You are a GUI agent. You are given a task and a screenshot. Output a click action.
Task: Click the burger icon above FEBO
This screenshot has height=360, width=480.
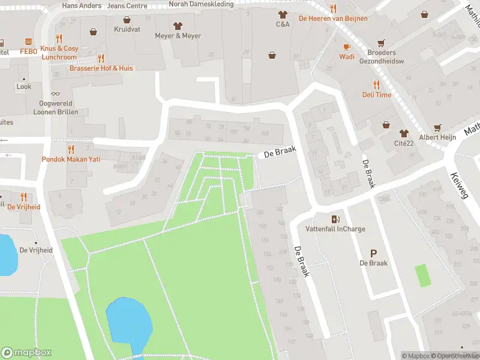pos(28,41)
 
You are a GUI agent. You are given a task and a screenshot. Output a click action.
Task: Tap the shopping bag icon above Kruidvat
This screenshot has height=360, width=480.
pos(93,31)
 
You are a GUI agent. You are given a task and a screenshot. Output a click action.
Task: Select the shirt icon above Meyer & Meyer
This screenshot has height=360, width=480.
pos(178,26)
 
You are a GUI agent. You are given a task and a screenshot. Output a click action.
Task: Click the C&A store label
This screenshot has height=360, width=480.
pos(283,25)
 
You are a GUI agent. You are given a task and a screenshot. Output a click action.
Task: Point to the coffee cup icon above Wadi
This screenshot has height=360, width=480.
pos(346,46)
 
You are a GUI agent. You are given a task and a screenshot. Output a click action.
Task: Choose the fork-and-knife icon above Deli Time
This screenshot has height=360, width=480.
pos(376,85)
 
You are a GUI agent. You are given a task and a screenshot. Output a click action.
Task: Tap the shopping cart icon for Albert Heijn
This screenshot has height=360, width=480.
pos(437,127)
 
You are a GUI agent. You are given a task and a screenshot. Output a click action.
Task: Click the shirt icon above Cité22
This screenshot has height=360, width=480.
pos(404,132)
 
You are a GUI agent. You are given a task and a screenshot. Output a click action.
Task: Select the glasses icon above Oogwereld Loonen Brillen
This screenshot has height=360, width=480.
pos(55,93)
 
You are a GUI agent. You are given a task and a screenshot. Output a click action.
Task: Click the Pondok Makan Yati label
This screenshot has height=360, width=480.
pos(71,159)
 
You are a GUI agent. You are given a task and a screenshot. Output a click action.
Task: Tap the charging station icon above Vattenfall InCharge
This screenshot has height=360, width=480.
pos(335,219)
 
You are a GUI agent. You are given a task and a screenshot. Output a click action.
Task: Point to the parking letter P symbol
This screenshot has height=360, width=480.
pos(373,253)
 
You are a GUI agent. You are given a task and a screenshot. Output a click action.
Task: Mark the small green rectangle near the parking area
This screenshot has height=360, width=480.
pos(423,275)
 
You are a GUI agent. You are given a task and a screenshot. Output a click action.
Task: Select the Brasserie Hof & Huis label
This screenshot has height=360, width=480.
pos(101,68)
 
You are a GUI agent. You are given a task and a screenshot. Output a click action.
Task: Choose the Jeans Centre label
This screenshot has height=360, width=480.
pos(127,5)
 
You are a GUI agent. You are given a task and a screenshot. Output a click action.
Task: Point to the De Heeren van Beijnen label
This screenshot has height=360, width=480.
pos(333,19)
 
